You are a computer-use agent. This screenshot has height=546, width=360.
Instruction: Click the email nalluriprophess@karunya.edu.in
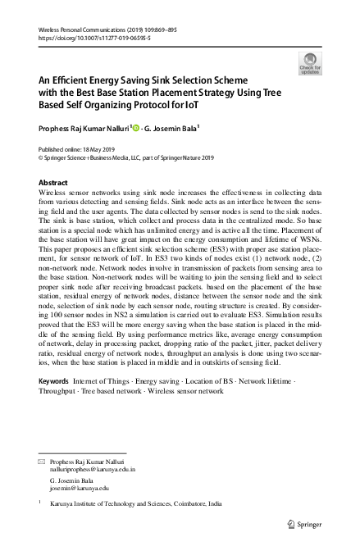93,471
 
